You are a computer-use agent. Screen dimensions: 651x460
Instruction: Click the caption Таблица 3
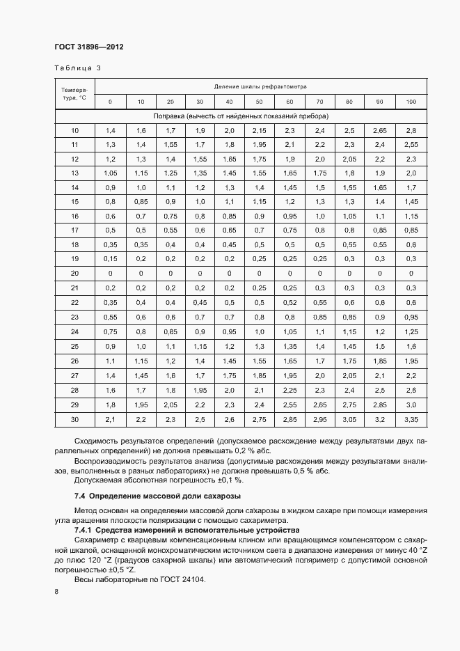click(77, 68)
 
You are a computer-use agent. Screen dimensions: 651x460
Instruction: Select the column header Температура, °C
click(74, 94)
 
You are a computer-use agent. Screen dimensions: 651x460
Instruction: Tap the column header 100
click(411, 102)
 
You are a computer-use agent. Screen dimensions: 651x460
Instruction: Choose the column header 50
click(260, 102)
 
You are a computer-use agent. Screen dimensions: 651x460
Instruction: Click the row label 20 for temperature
click(74, 274)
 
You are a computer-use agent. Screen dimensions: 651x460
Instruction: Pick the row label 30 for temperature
click(74, 419)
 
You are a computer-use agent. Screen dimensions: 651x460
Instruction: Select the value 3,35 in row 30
click(411, 419)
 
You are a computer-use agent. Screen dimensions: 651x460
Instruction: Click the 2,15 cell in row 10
click(260, 131)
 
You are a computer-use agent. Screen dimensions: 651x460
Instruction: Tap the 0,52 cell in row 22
click(290, 303)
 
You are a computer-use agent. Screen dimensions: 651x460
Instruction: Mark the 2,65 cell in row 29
click(319, 405)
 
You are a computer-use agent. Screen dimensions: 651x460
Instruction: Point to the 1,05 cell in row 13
click(110, 173)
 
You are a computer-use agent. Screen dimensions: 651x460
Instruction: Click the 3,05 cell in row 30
click(349, 419)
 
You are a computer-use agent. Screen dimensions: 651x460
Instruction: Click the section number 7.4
click(80, 496)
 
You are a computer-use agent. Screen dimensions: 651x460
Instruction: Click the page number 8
click(56, 592)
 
